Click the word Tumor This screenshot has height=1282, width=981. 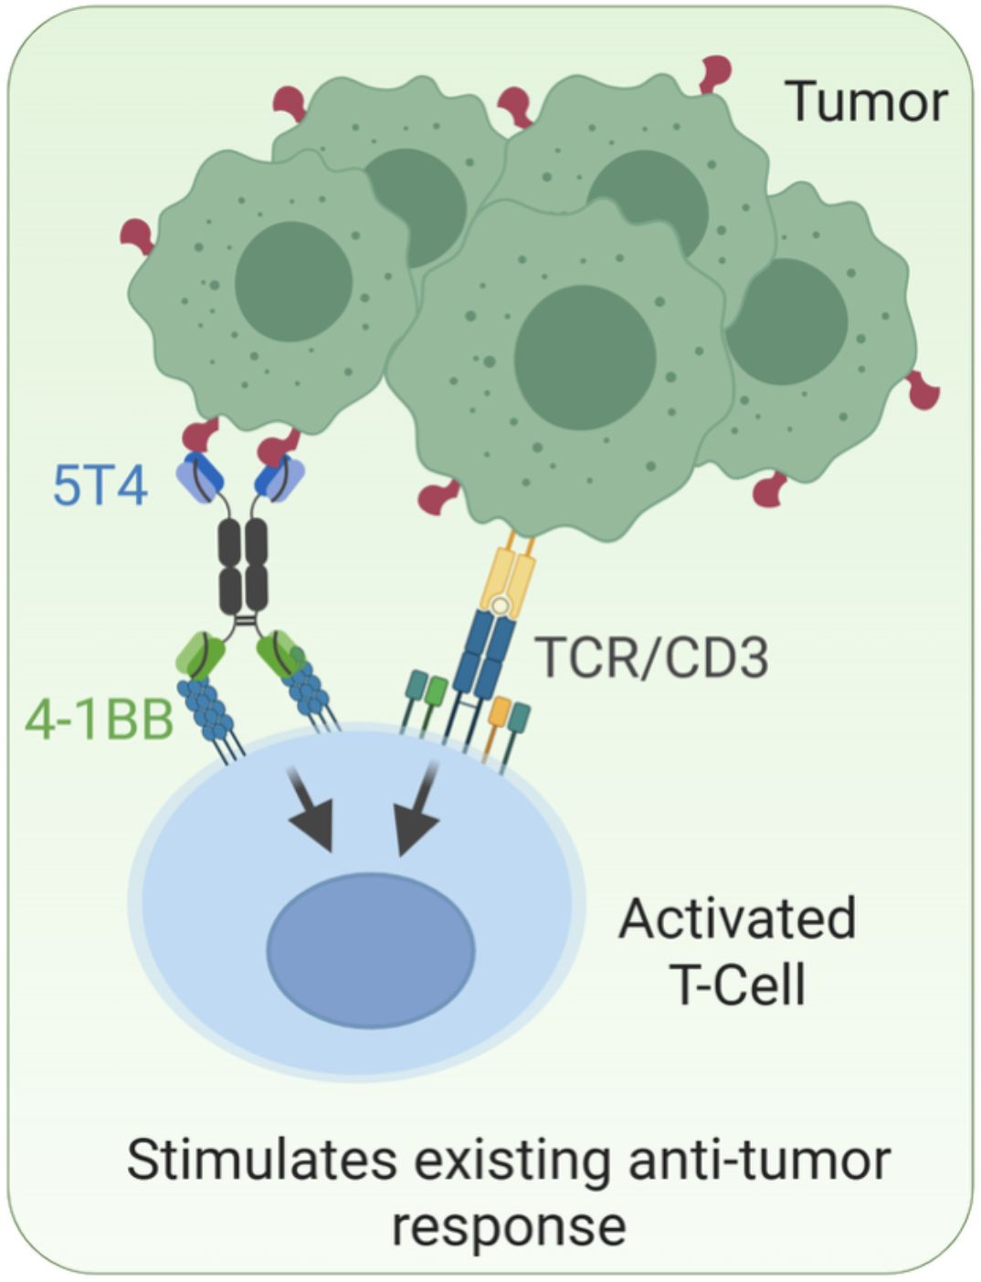pyautogui.click(x=866, y=101)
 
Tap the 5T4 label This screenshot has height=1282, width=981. pyautogui.click(x=100, y=485)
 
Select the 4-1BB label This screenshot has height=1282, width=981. pyautogui.click(x=99, y=720)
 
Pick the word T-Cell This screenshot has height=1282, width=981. pyautogui.click(x=738, y=984)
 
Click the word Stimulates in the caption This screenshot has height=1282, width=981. pyautogui.click(x=261, y=1160)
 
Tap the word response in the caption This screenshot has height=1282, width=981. pyautogui.click(x=509, y=1225)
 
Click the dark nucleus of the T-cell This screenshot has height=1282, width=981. pyautogui.click(x=371, y=950)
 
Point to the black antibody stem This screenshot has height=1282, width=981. pyautogui.click(x=243, y=566)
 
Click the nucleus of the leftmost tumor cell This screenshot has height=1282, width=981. pyautogui.click(x=293, y=282)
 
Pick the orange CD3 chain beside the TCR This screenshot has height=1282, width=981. pyautogui.click(x=498, y=713)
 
